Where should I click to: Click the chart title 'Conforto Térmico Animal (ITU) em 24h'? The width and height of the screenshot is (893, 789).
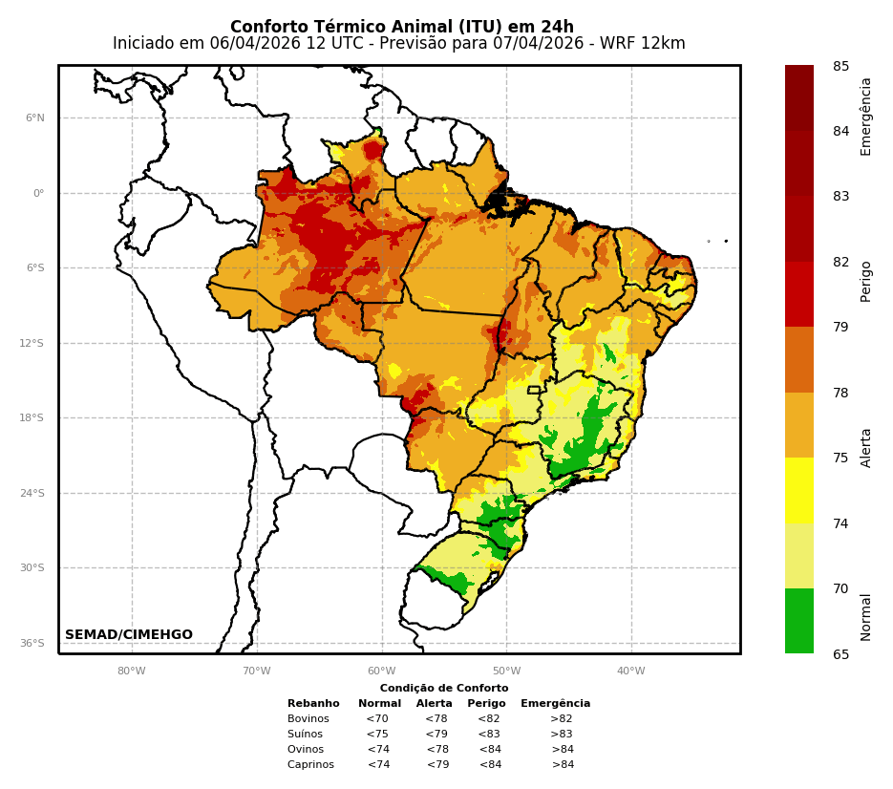click(x=401, y=27)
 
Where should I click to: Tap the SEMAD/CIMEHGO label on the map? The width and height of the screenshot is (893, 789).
click(x=129, y=635)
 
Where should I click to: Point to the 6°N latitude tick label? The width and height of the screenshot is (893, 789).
click(x=35, y=118)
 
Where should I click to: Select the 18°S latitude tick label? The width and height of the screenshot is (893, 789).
click(x=32, y=418)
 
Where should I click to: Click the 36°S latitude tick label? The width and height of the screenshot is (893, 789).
click(x=32, y=644)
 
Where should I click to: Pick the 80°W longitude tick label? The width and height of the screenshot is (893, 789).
click(x=132, y=671)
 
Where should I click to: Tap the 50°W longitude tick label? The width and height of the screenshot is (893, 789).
click(x=506, y=671)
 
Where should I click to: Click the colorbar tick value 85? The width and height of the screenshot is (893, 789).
click(x=840, y=67)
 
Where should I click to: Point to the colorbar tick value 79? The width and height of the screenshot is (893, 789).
click(x=840, y=328)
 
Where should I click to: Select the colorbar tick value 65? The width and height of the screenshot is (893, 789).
click(x=840, y=654)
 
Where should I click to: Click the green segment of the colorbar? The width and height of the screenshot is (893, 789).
click(x=799, y=621)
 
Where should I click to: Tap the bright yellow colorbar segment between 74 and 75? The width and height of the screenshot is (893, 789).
click(x=799, y=490)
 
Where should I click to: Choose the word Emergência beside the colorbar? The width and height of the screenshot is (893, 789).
click(x=866, y=117)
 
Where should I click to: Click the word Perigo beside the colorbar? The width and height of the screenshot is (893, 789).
click(x=866, y=281)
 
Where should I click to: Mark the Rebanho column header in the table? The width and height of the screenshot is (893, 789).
click(x=313, y=704)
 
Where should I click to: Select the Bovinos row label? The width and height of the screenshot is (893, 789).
click(x=308, y=719)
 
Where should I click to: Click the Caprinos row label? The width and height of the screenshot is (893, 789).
click(x=310, y=765)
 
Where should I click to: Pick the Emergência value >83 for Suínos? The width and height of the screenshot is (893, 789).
click(x=561, y=735)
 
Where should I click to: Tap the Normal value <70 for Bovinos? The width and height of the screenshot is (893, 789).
click(x=377, y=719)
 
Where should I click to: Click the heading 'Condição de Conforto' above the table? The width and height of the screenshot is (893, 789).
click(x=444, y=689)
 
